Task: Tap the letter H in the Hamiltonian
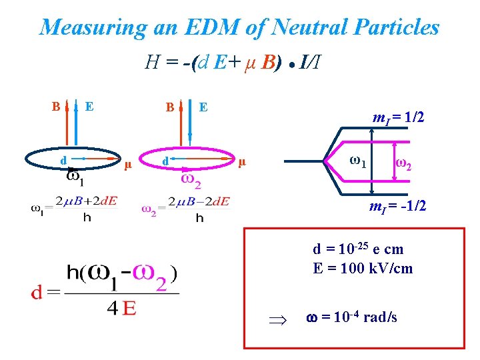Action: coord(151,63)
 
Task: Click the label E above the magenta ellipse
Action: coord(203,106)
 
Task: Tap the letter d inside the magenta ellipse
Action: coord(165,161)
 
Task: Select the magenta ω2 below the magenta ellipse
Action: coord(192,180)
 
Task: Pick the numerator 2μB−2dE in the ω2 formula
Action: coord(199,201)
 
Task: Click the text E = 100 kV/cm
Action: coord(363,268)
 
